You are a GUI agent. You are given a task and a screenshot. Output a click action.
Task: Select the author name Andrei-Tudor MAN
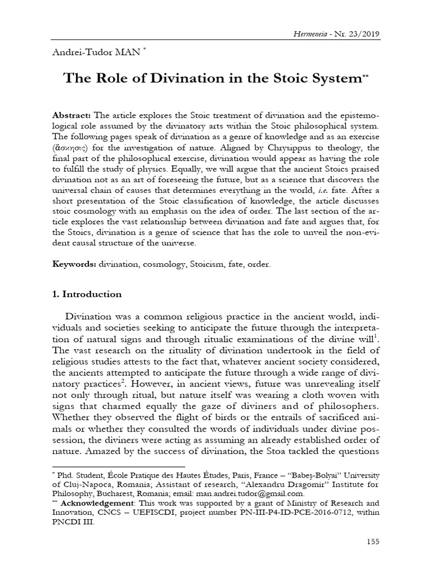(x=97, y=52)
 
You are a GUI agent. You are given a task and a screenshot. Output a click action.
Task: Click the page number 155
(x=372, y=542)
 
